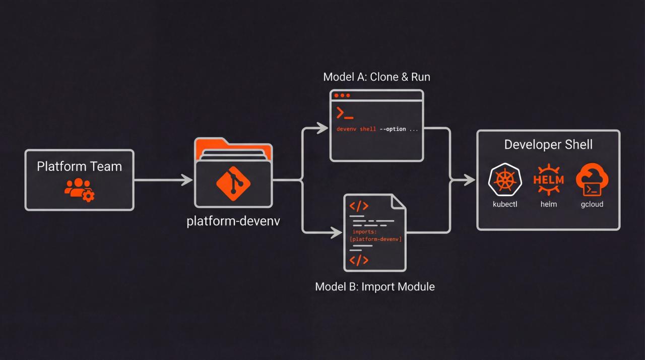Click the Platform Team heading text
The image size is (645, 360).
79,166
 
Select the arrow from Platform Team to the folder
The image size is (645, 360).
164,179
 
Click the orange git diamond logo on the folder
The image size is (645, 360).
233,183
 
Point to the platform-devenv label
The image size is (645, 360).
233,221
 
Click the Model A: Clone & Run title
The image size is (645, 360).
376,77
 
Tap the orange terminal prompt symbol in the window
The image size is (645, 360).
345,113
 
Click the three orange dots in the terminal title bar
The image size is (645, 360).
342,95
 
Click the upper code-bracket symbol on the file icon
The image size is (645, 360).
359,206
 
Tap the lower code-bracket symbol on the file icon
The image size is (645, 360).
359,260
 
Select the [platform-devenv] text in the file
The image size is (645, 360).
375,239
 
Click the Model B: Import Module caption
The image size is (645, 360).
374,286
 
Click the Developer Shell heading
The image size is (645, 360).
548,145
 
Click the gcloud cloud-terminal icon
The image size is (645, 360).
592,179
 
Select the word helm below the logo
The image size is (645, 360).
548,204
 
